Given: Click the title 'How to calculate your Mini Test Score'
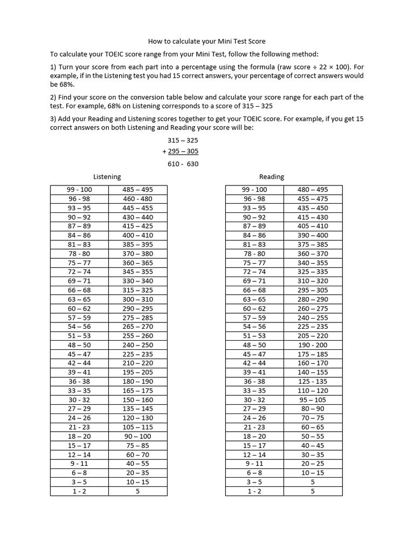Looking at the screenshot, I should pos(207,41).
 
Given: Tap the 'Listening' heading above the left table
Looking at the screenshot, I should pos(107,176).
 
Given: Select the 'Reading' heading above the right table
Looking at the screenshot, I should pos(272,176).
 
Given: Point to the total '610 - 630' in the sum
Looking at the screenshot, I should pos(183,164).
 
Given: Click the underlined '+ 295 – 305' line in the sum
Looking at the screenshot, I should pos(181,151).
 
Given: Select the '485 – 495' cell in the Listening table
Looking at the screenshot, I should pos(138,190).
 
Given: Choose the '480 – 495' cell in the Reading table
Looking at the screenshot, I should pos(313,190).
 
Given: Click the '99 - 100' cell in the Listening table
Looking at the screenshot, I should pos(79,190).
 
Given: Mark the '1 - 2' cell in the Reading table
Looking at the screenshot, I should pos(254,491).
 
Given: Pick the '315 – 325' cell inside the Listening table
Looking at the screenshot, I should pos(138,290).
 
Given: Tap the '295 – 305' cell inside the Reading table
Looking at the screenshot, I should pos(313,290).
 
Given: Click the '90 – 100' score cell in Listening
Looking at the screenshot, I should pos(138,436).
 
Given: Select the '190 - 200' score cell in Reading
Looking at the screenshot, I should pos(313,345).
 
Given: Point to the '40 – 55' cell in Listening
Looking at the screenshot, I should pos(138,464).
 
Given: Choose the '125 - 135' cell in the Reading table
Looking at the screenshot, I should pos(313,382).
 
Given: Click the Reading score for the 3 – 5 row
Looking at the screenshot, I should pos(313,482).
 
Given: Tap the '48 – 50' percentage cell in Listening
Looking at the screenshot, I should pos(79,345).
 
